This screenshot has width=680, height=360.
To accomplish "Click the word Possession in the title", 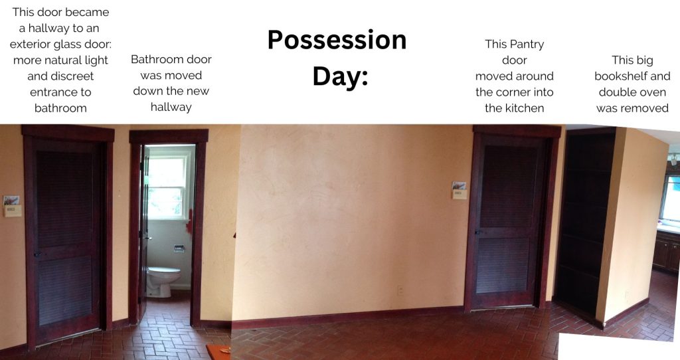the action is (337, 40).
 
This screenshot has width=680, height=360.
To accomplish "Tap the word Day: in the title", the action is (341, 76).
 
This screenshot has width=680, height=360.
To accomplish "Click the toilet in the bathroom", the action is (163, 281).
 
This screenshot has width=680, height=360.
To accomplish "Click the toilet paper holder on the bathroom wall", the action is (179, 248).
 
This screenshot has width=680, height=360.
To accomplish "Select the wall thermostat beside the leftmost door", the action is (12, 207).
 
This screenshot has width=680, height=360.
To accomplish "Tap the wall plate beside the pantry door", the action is (460, 191).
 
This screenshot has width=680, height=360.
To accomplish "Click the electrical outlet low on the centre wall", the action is (400, 290).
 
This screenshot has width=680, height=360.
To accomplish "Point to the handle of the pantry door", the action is (479, 232).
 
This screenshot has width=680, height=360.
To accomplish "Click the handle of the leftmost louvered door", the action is (38, 254).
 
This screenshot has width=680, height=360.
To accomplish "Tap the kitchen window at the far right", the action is (670, 197).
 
